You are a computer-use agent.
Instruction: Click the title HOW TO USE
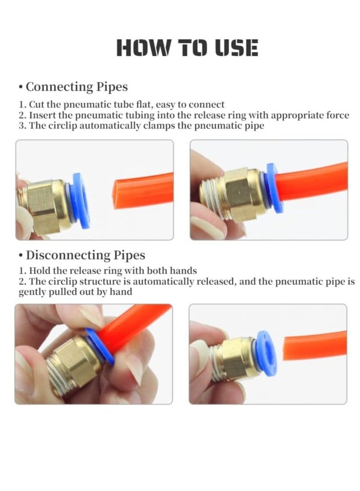coord(187,48)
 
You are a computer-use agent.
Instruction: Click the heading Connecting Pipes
coord(76,86)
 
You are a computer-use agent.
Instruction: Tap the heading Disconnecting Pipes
coord(85,255)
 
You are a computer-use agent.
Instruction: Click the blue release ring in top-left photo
coord(81,200)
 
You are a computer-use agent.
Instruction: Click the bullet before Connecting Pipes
coord(21,87)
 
